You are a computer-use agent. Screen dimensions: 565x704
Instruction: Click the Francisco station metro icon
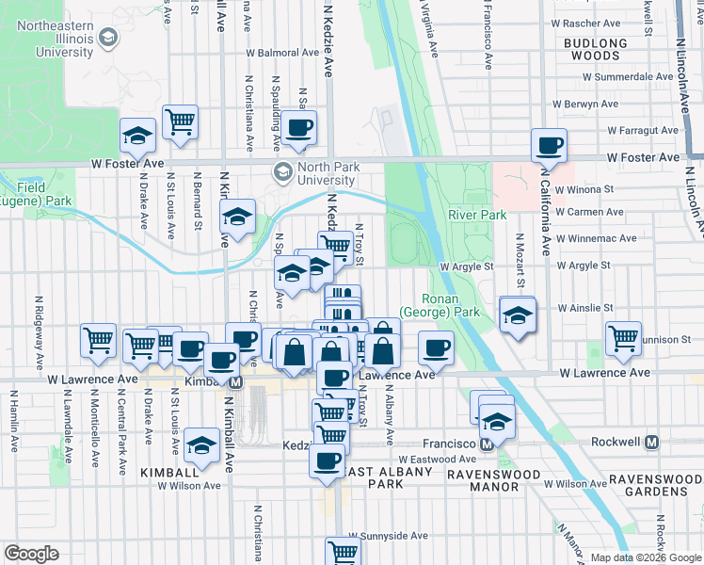[x=488, y=443]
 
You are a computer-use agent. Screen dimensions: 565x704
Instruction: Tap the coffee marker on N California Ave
[x=549, y=145]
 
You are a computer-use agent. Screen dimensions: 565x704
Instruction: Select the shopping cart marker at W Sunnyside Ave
[x=343, y=551]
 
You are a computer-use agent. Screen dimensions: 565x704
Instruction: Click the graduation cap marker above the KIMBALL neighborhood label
[x=201, y=444]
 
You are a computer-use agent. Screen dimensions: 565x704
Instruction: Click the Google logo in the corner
[x=31, y=554]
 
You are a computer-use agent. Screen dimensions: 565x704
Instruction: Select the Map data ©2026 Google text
[x=646, y=557]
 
